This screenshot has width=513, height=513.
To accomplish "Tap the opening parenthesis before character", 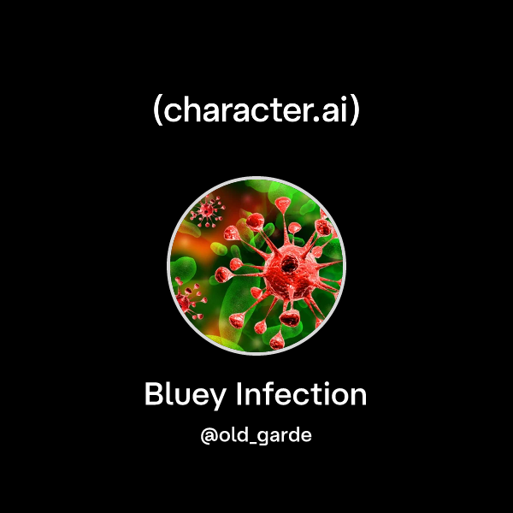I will (157, 112).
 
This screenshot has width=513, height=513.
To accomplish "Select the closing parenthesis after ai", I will (355, 112).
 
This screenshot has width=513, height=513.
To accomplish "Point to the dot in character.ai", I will (312, 121).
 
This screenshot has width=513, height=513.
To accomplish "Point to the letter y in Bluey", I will (220, 399).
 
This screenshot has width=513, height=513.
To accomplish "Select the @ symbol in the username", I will (208, 434).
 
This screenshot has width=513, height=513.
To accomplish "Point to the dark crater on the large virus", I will (292, 260).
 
